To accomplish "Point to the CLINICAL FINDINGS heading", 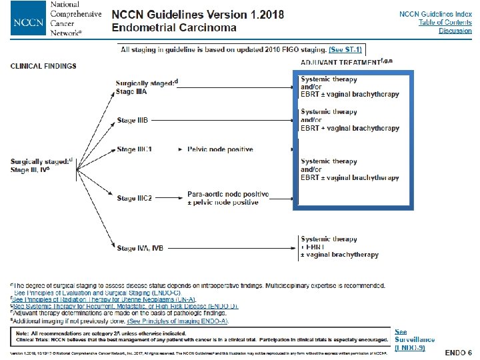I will click(43, 65).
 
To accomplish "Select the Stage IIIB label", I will click(133, 120).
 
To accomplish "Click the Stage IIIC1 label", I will click(135, 149).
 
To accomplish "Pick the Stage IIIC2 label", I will click(135, 198).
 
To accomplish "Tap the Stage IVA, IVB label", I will click(139, 248).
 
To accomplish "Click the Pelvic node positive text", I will click(220, 149).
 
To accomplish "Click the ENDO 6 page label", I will click(459, 351).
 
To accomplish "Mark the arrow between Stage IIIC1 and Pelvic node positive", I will click(179, 149).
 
